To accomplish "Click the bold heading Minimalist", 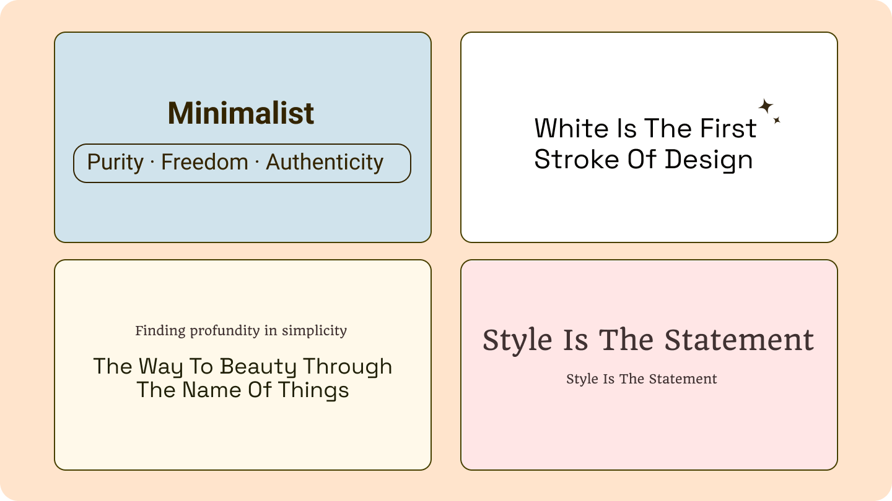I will click(241, 114).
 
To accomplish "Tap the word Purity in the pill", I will click(115, 163).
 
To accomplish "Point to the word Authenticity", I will click(325, 163).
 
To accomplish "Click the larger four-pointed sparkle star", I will click(766, 106).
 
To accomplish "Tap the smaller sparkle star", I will click(776, 120).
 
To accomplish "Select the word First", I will click(728, 129).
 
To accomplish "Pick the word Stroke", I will click(575, 160).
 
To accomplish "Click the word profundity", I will click(225, 331).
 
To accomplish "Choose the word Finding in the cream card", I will click(160, 331).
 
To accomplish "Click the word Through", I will click(348, 367).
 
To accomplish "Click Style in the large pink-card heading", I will click(517, 340).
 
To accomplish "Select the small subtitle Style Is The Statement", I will click(641, 379).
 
